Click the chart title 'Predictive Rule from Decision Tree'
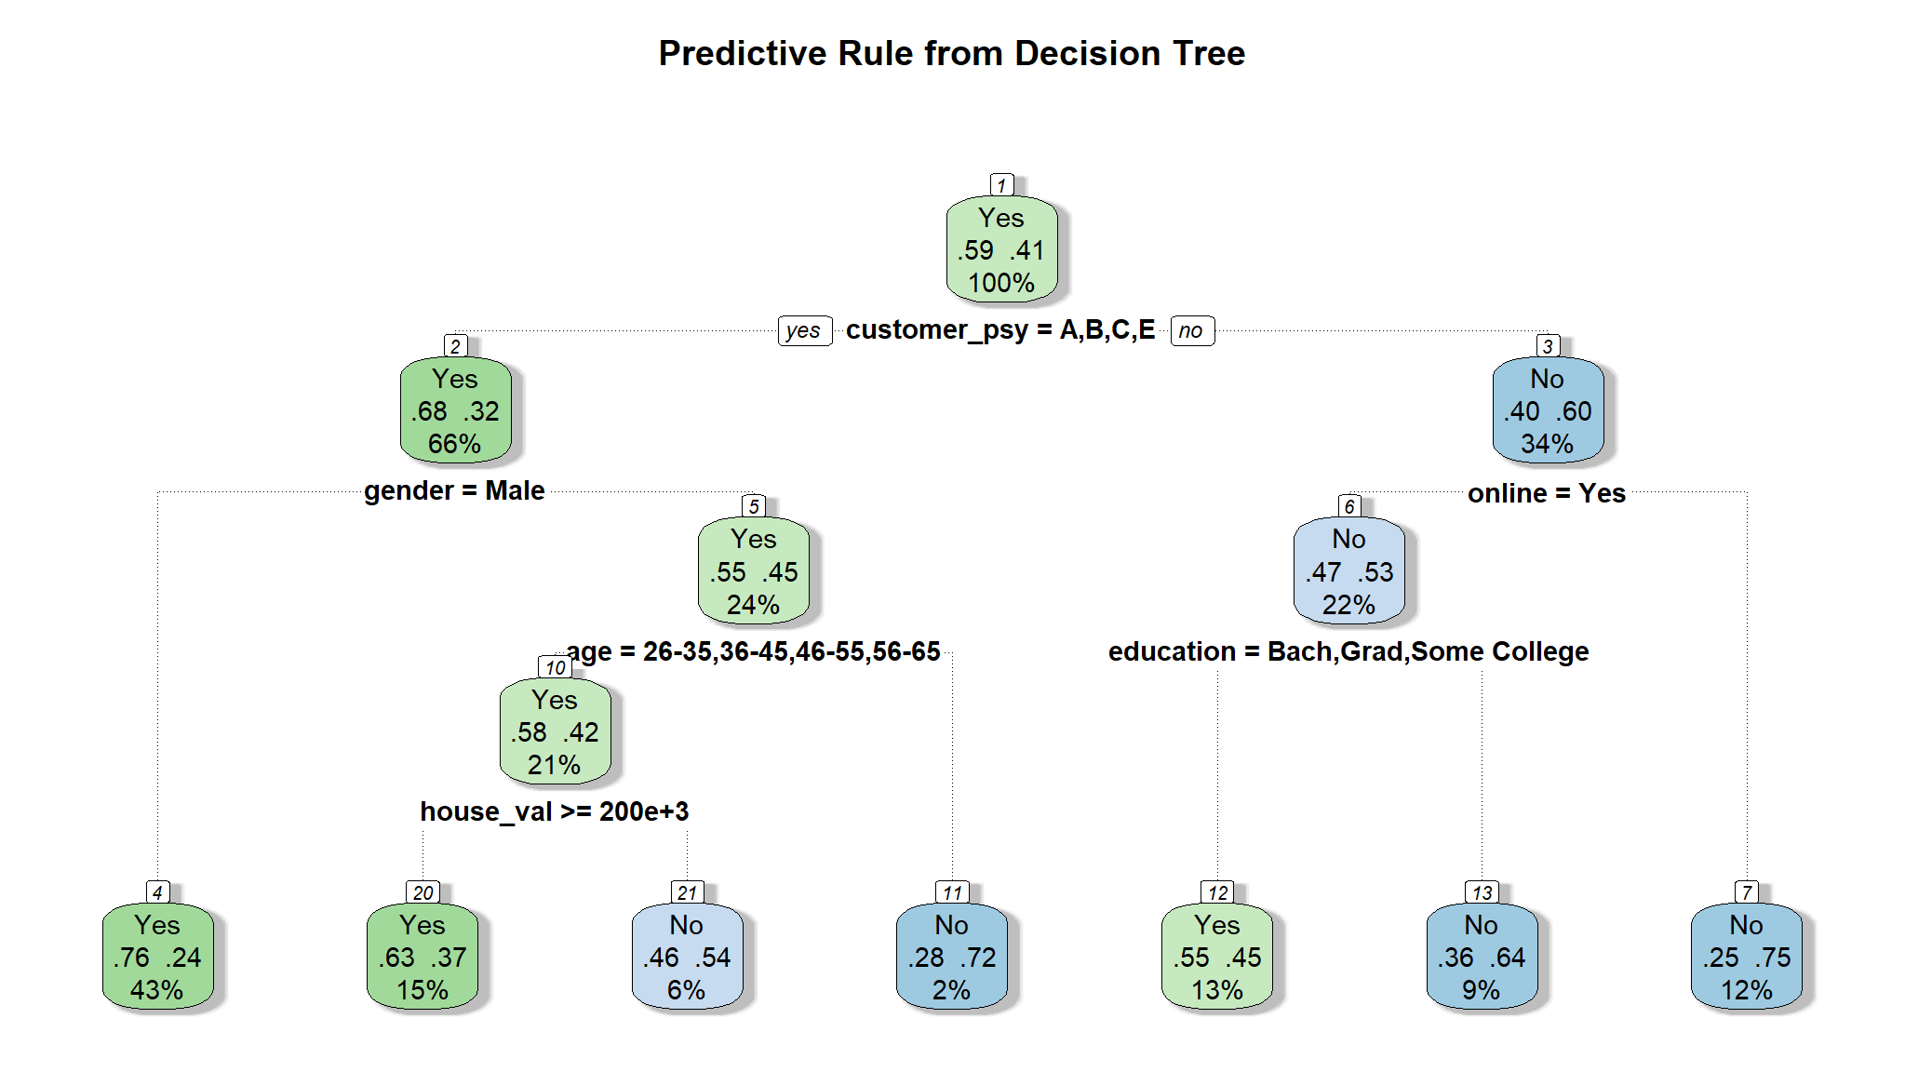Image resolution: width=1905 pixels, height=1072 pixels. tap(951, 54)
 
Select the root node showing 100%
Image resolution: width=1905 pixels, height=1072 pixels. tap(1001, 249)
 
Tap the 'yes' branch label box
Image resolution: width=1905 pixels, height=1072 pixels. tap(803, 330)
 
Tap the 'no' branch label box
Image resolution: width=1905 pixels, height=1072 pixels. tap(1191, 330)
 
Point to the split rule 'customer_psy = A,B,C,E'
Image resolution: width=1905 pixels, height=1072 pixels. tap(1000, 329)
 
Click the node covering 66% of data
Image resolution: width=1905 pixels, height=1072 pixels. tap(455, 410)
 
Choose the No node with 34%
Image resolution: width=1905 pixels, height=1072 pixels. tap(1548, 410)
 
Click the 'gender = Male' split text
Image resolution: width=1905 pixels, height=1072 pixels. tap(454, 490)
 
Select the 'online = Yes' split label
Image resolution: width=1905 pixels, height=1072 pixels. tap(1547, 493)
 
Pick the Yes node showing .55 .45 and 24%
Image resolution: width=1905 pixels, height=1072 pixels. tap(754, 571)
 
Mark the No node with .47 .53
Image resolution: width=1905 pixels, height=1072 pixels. tap(1348, 571)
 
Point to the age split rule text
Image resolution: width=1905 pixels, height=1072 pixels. tap(754, 651)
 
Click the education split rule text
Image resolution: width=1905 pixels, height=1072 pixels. tap(1348, 651)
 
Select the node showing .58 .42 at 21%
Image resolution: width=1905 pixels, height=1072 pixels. tap(555, 731)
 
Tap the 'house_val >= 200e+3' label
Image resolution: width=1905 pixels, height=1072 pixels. tap(555, 811)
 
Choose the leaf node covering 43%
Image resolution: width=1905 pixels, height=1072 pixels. tap(157, 957)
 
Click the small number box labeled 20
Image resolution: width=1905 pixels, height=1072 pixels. tap(423, 892)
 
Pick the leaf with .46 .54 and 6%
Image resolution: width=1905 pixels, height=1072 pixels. tap(687, 957)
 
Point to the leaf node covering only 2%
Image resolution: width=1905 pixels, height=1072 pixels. tap(952, 957)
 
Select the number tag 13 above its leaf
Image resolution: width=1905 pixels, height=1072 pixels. tap(1482, 892)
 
